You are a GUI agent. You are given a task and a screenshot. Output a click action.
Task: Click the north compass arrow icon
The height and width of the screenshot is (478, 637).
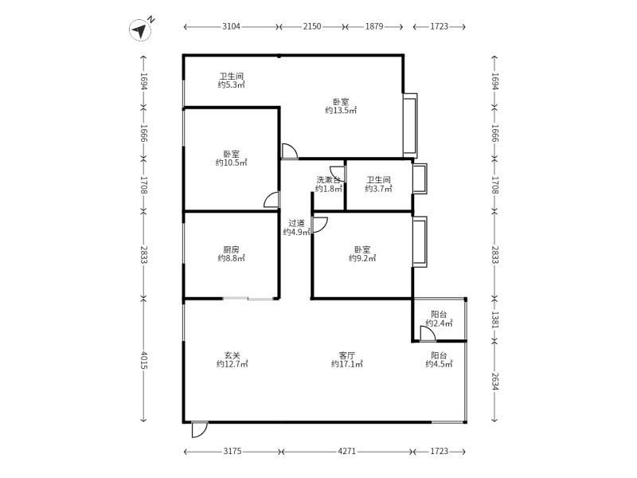[140, 31]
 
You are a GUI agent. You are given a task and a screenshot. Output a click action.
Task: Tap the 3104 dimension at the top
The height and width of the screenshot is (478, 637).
[231, 27]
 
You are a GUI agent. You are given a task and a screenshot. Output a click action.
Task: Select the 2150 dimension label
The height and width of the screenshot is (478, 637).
[311, 27]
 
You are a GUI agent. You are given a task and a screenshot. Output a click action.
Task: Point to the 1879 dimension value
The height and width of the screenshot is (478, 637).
[374, 27]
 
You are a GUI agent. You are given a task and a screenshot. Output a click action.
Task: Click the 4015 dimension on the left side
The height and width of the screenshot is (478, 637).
[143, 360]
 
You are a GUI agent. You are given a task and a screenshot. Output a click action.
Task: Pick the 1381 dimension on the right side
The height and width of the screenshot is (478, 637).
[494, 319]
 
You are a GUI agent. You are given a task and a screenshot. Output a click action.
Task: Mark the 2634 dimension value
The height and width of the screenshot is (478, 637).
[494, 381]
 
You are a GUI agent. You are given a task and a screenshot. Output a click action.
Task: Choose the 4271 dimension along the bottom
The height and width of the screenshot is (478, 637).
[346, 452]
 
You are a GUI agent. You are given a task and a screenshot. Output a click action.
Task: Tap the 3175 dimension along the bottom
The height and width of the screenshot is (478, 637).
[232, 452]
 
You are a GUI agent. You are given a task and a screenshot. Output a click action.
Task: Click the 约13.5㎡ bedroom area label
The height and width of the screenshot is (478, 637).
[341, 111]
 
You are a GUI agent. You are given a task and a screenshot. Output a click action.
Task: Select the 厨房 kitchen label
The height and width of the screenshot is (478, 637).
[231, 249]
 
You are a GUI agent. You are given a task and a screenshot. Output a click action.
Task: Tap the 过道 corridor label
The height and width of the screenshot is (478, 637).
[296, 223]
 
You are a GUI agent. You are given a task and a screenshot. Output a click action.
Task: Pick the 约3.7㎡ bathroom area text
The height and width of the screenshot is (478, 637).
[378, 189]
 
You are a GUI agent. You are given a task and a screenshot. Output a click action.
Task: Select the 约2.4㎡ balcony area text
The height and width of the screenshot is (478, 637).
[439, 323]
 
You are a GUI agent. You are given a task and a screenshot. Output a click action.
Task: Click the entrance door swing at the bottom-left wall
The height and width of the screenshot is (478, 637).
[199, 429]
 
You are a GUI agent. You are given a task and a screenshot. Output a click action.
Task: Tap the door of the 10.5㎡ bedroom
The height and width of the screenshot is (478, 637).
[272, 201]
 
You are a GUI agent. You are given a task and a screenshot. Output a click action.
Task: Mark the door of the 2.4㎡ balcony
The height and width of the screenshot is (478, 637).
[428, 335]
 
